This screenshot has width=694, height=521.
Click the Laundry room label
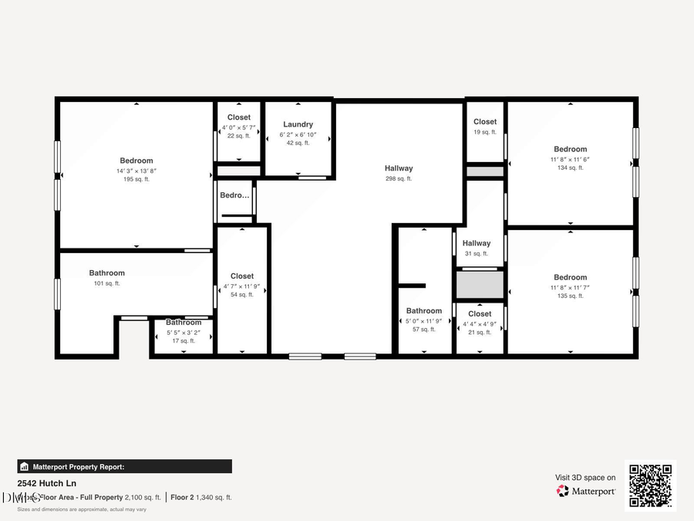[298, 124]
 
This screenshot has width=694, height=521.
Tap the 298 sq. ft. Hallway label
[399, 168]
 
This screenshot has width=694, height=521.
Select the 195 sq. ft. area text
[136, 180]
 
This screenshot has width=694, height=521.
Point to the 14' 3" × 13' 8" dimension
[136, 171]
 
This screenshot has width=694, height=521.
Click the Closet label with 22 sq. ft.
[239, 117]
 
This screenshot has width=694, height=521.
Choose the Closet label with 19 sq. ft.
[485, 121]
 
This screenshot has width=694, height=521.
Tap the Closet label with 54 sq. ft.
[242, 276]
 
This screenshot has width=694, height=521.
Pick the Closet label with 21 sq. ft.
[480, 313]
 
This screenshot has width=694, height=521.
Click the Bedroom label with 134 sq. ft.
[570, 149]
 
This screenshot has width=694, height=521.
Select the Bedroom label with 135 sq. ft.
[570, 277]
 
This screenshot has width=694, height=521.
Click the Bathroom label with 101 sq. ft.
[106, 272]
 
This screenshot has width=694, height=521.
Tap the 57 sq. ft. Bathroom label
[424, 311]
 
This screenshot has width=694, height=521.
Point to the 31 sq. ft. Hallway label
[477, 243]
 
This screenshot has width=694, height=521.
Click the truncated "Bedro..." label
[235, 195]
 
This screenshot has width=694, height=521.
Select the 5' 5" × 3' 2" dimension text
[184, 333]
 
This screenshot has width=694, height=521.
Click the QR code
[650, 485]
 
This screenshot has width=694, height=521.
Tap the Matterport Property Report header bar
[124, 466]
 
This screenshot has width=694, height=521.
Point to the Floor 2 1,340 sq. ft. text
[201, 498]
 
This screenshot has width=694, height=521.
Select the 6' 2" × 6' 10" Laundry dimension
[298, 134]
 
